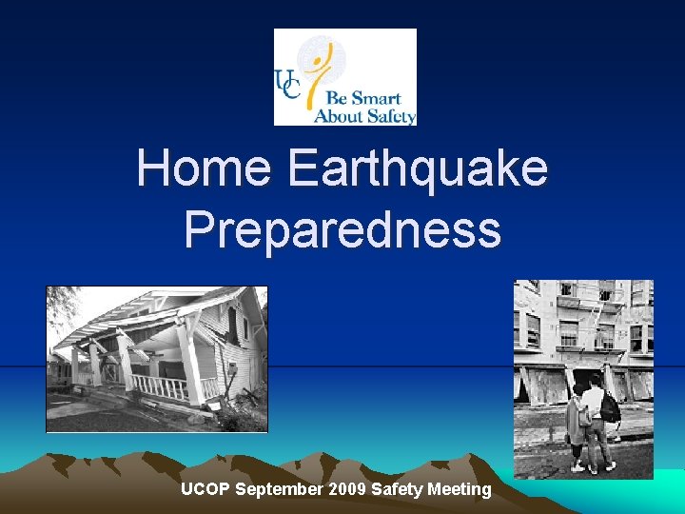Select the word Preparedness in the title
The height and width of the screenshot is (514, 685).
tap(342, 229)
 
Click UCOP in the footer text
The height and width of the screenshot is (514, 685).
tap(205, 489)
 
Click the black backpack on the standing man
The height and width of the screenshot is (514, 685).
tap(610, 407)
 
